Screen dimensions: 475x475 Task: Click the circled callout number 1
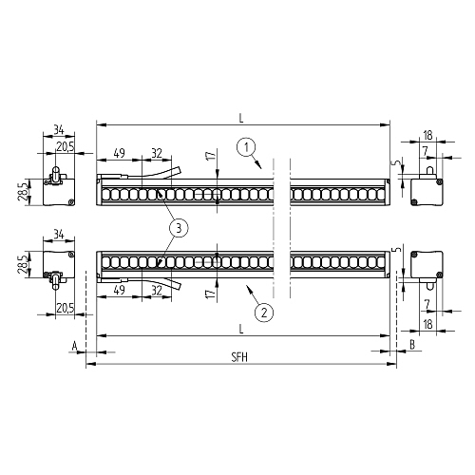tap(246, 148)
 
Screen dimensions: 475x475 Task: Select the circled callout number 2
tap(264, 313)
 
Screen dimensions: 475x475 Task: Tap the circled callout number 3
tap(179, 228)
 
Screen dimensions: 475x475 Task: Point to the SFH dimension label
tap(239, 357)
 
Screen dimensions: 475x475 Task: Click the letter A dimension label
tap(75, 346)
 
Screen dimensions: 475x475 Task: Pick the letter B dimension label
tap(412, 345)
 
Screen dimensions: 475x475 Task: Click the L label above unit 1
tap(241, 119)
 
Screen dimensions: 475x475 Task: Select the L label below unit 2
tap(241, 329)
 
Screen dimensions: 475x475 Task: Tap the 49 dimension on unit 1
tap(119, 153)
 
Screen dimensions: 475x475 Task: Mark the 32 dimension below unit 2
tap(157, 291)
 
